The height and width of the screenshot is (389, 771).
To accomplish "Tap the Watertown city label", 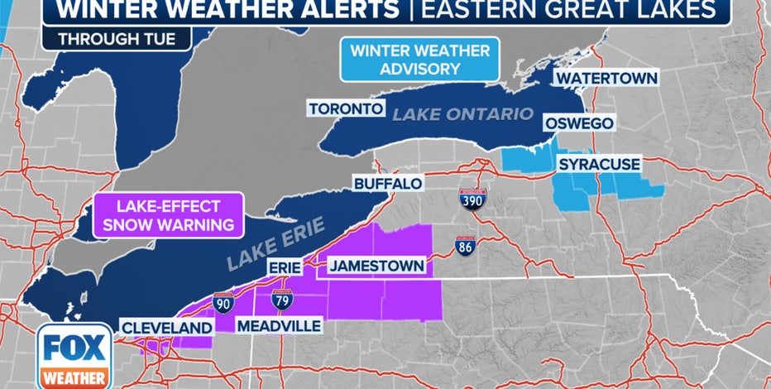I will [606, 78].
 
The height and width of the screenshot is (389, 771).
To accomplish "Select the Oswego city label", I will [578, 123].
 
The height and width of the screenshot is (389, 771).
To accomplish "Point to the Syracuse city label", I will [599, 165].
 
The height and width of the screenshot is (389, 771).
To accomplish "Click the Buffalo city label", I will [388, 183].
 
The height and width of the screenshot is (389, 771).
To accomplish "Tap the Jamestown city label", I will [378, 267].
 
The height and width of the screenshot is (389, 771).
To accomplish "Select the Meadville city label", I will [279, 326].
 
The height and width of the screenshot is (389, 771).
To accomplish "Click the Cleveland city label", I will [166, 328].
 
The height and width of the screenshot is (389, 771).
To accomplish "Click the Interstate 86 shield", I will [466, 247].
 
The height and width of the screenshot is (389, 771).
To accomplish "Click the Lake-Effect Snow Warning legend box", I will [169, 214].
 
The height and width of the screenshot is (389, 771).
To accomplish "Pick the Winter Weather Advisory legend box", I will [419, 60].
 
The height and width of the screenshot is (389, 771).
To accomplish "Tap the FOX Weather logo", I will [74, 356].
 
